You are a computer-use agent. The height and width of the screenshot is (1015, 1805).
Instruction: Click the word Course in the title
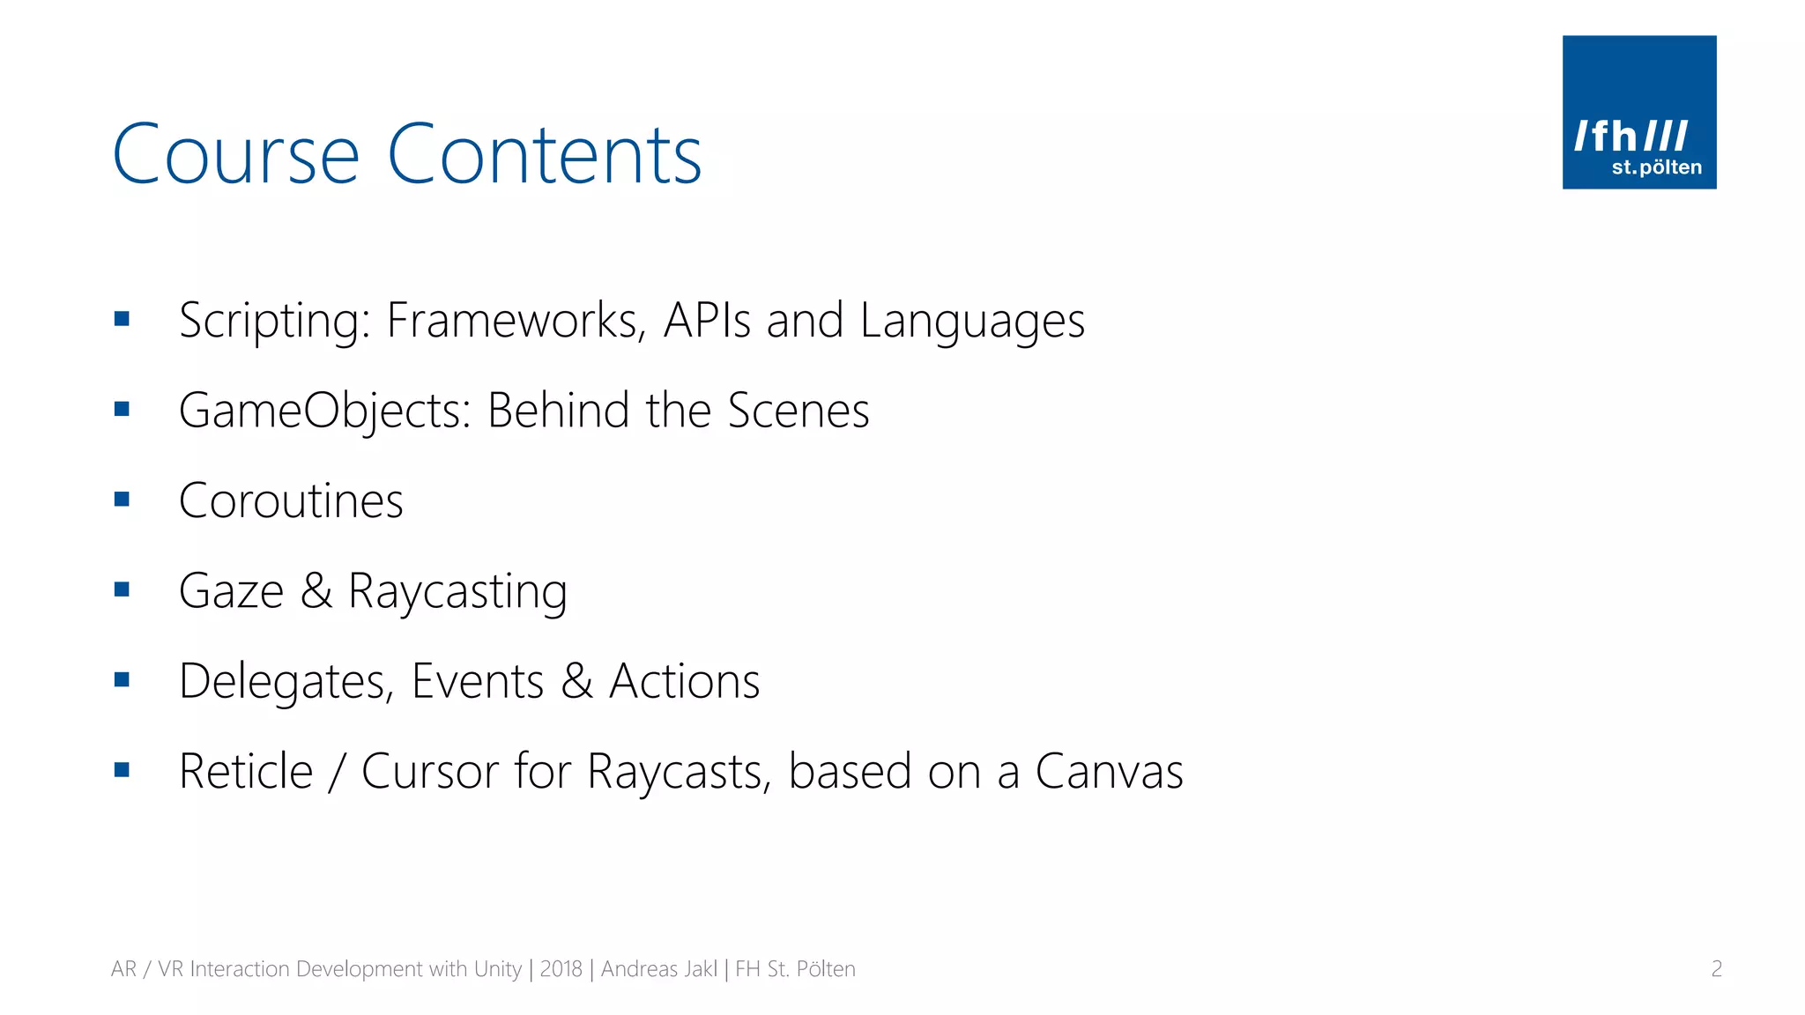235,155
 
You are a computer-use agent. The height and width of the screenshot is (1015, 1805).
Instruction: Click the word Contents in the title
544,155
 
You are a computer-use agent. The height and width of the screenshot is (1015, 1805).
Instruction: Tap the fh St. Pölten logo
1638,112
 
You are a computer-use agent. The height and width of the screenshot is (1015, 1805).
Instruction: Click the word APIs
707,320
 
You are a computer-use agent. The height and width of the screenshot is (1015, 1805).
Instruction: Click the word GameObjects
324,411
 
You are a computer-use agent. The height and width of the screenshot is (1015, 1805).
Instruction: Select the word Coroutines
291,501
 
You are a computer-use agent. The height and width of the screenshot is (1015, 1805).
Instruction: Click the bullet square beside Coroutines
122,500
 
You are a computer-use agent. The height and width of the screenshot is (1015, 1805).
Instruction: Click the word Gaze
231,591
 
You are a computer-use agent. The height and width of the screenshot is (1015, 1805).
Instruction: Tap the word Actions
684,681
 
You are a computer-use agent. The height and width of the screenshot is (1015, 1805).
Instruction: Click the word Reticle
246,772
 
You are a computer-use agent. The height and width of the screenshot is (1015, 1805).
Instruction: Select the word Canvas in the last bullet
1108,772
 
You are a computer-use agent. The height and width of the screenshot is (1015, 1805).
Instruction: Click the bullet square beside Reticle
122,770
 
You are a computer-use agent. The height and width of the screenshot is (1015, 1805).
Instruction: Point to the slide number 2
1716,969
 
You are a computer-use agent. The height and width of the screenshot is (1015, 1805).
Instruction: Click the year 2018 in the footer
561,969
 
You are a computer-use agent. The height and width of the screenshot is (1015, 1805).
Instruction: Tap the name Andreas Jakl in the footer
658,969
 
